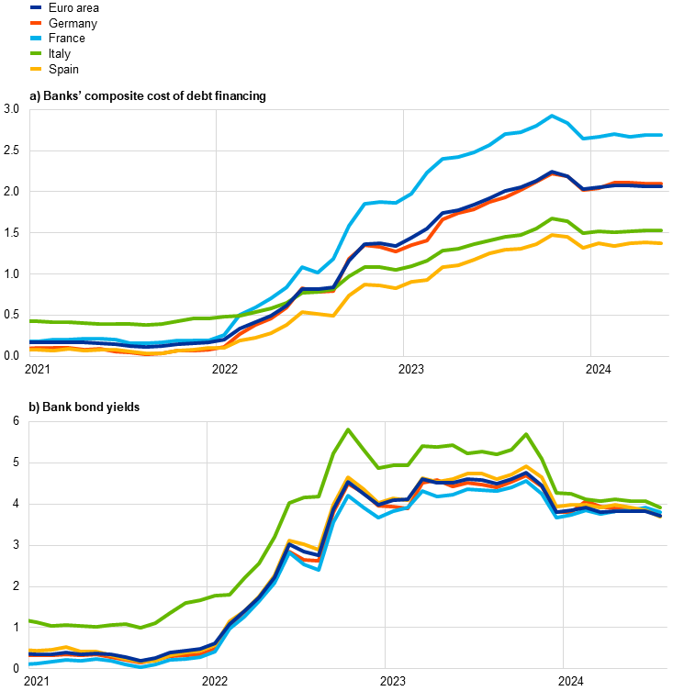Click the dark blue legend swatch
coord(36,7)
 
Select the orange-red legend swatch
coord(36,23)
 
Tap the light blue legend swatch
coord(36,39)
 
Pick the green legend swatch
coord(36,53)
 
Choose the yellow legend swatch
coord(36,69)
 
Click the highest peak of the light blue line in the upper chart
coord(552,116)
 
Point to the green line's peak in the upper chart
coord(552,218)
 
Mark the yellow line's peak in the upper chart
coord(552,235)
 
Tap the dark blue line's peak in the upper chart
coord(552,172)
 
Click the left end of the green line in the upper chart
coord(31,321)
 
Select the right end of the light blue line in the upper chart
coord(662,135)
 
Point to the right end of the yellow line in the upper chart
coord(662,243)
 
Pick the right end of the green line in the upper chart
coord(662,230)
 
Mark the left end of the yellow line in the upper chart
coord(31,350)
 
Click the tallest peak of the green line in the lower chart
coord(348,429)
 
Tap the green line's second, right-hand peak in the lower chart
coord(526,435)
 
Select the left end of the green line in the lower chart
coord(30,620)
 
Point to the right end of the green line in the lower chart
coord(661,507)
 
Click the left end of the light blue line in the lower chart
coord(30,663)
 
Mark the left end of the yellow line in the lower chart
coord(30,651)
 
